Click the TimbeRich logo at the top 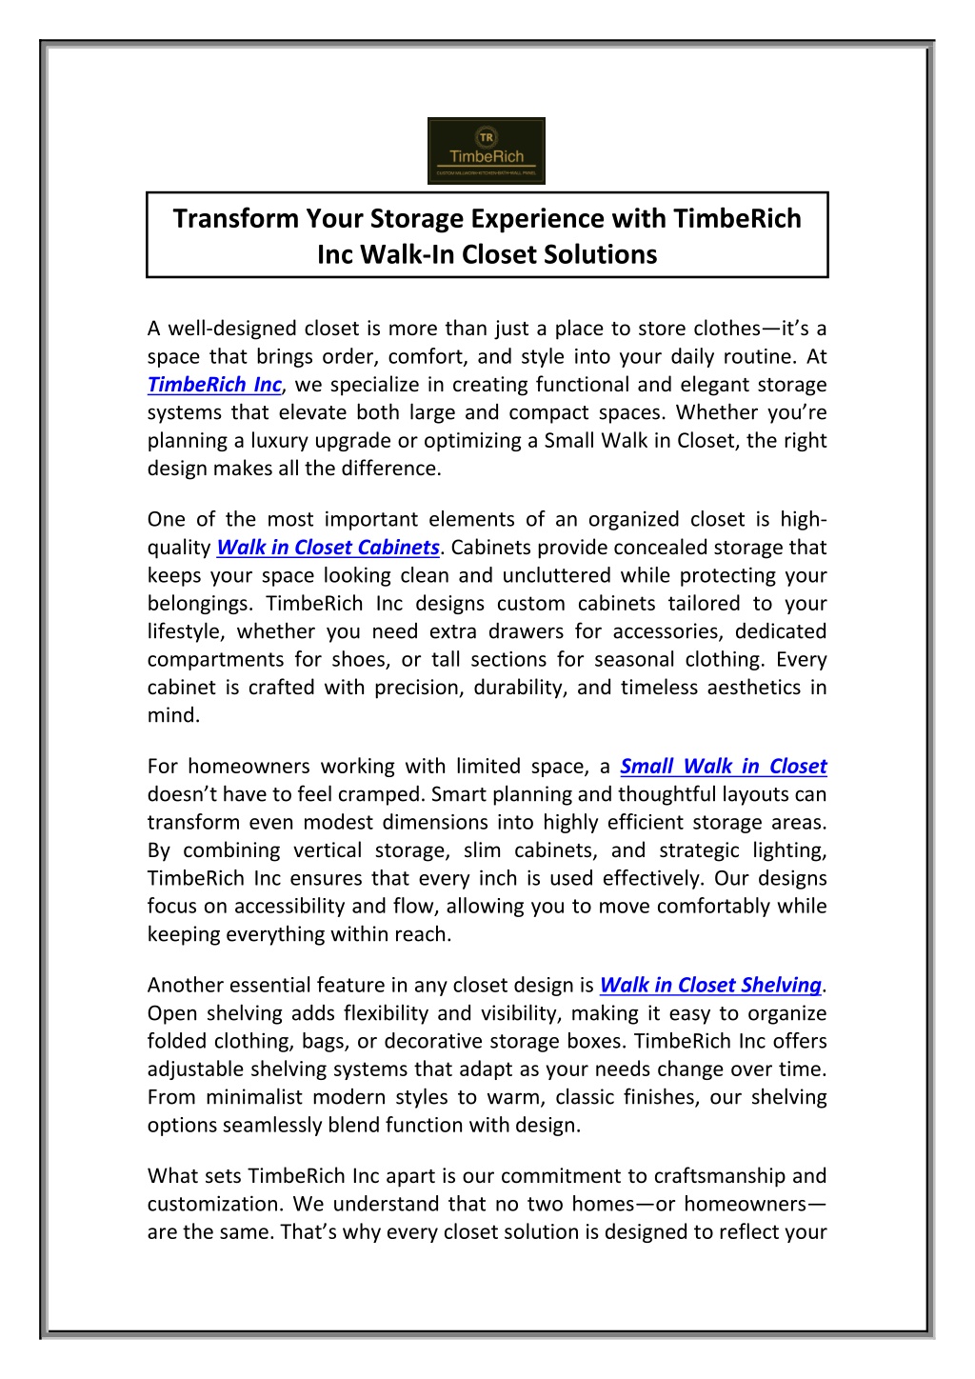coord(486,150)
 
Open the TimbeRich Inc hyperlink coord(214,385)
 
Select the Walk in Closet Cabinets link coord(328,548)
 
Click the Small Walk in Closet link coord(723,767)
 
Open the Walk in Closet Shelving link coord(710,986)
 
